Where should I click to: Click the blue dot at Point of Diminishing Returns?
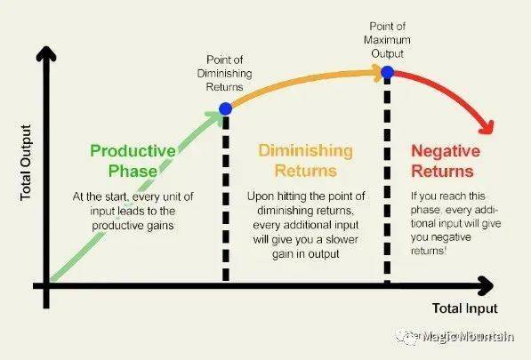[226, 109]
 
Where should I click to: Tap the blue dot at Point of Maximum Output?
[388, 72]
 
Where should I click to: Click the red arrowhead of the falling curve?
[487, 127]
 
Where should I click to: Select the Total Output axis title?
[26, 163]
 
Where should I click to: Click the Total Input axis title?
[464, 308]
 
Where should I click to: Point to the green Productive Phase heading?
[133, 161]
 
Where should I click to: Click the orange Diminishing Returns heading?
[305, 160]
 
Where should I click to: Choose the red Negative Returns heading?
[446, 161]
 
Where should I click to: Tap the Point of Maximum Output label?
[387, 40]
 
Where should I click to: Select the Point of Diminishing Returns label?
[224, 74]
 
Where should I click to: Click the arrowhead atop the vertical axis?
[46, 54]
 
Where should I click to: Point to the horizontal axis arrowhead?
[486, 286]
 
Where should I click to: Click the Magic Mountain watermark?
[455, 337]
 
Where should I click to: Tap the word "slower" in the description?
[342, 239]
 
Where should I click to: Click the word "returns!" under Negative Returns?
[429, 251]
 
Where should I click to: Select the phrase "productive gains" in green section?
[133, 226]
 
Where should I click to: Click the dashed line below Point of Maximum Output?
[388, 180]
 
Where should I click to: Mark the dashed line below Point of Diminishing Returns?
[226, 198]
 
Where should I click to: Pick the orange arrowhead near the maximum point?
[377, 73]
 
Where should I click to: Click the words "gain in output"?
[305, 254]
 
